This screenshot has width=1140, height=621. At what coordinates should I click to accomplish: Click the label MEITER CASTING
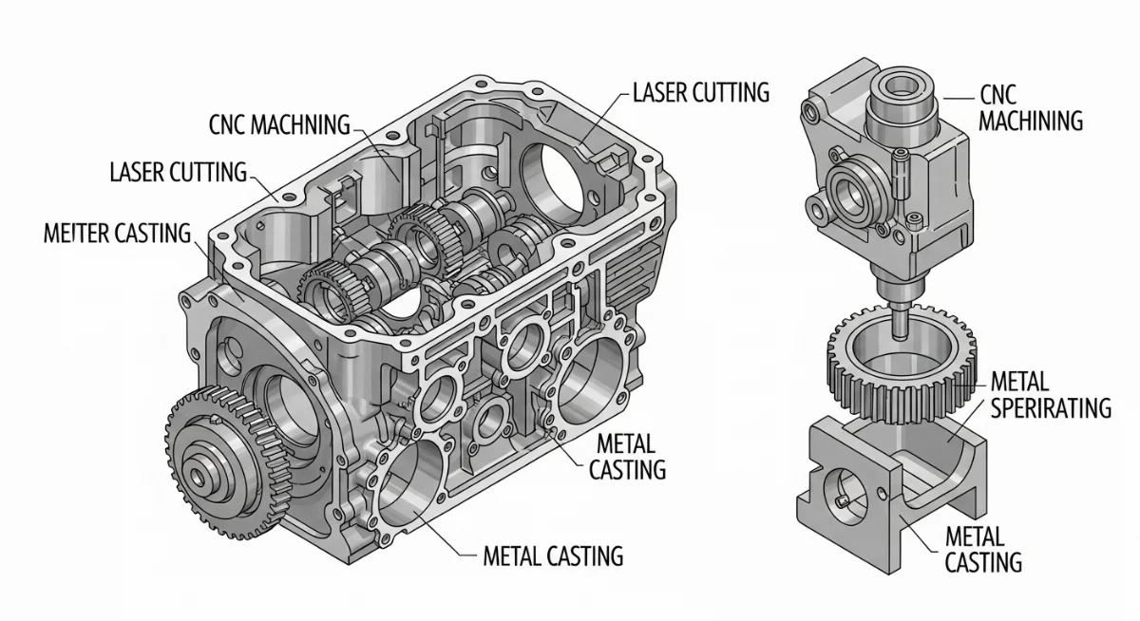tap(117, 233)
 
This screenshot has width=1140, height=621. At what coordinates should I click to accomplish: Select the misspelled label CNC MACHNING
tap(278, 124)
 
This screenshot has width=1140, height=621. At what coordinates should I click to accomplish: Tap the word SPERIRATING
tap(1050, 407)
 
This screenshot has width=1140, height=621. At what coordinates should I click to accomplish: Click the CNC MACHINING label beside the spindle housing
tap(1030, 107)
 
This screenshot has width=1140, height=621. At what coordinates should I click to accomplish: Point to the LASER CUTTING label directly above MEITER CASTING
tap(178, 173)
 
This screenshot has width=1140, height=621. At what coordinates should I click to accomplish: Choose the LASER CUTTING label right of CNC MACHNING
tap(700, 92)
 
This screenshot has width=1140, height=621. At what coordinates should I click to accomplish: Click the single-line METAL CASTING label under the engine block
tap(553, 555)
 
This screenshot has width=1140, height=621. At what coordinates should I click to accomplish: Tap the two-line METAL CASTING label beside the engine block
tap(627, 456)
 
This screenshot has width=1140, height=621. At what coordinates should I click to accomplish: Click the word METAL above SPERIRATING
tap(1019, 383)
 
